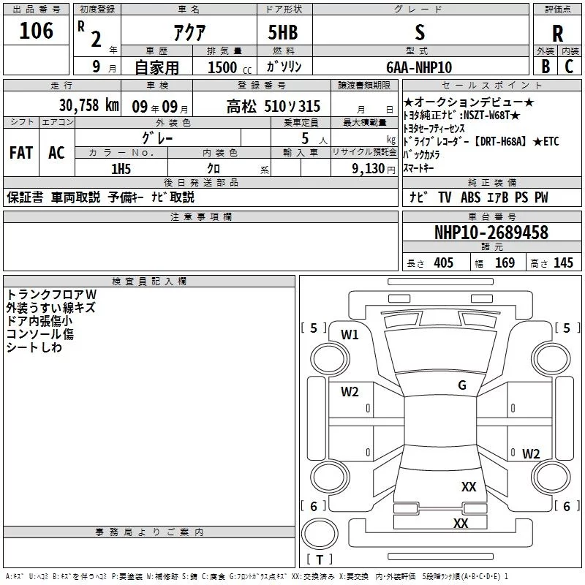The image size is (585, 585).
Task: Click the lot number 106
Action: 36,31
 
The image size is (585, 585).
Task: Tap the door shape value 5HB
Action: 284,32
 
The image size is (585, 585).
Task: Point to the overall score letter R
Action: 558,34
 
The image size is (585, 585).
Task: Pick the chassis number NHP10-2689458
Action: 491,233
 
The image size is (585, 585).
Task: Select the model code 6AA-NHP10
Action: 420,67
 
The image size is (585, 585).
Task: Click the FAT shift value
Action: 20,152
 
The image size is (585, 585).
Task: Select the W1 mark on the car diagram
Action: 350,335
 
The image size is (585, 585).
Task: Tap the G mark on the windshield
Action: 461,385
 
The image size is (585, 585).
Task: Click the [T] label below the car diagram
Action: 319,560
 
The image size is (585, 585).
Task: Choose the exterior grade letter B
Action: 546,67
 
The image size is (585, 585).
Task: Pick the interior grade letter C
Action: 570,67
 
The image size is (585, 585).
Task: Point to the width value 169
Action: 505,263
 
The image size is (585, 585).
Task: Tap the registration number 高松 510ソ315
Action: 273,106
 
